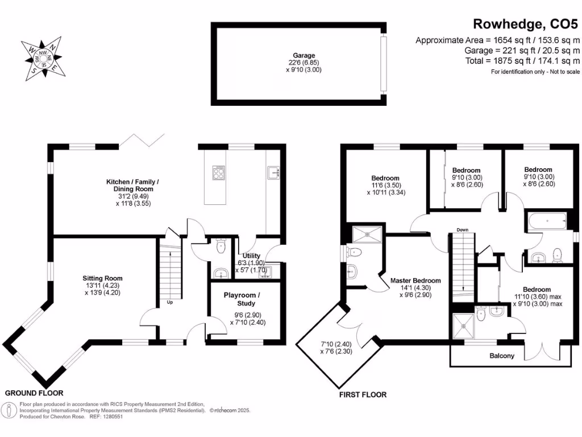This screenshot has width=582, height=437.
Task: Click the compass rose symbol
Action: [43, 56]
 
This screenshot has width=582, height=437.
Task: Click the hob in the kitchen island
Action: [219, 172]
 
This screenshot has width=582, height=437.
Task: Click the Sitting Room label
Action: [102, 278]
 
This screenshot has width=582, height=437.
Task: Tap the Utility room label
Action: [251, 255]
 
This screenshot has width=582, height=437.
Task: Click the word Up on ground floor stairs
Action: [170, 302]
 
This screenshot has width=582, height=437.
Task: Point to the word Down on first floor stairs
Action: [462, 230]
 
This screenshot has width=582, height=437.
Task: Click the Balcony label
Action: [502, 356]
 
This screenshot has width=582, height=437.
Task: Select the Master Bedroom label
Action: [415, 281]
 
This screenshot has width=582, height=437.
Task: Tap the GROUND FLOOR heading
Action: [34, 393]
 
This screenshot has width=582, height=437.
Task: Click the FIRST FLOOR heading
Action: [363, 394]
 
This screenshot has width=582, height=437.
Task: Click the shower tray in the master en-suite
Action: [368, 234]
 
